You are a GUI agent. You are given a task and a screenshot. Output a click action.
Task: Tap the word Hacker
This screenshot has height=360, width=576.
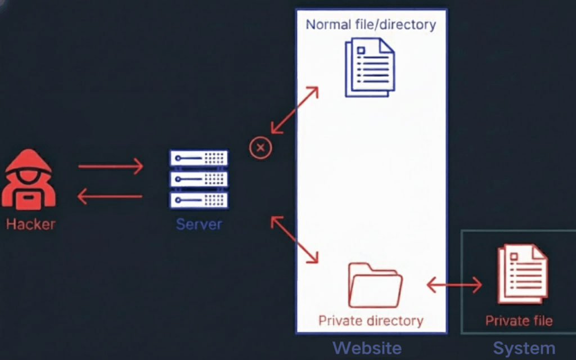[x=31, y=224]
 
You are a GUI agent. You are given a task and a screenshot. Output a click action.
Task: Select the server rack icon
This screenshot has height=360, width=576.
[x=199, y=179]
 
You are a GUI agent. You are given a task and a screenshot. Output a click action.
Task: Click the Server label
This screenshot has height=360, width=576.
[x=199, y=224]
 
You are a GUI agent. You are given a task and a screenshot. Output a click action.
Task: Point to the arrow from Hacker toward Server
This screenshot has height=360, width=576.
[x=110, y=166]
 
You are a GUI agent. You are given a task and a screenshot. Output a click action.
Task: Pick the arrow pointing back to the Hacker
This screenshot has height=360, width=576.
[x=110, y=196]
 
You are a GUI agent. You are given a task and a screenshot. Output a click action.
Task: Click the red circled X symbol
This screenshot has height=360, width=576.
[x=260, y=148]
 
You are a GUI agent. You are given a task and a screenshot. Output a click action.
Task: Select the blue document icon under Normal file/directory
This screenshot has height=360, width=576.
[x=370, y=67]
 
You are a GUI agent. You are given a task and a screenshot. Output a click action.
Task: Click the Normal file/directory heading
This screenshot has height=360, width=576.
[x=371, y=24]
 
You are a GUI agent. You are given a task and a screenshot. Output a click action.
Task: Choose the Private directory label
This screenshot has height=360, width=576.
[x=371, y=321]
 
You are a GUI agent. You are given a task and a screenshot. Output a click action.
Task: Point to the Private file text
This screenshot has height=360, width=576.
[x=519, y=321]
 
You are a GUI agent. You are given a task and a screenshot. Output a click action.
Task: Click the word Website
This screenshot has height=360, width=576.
[x=367, y=348]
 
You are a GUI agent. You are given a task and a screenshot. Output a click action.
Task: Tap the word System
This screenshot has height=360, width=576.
[x=524, y=348]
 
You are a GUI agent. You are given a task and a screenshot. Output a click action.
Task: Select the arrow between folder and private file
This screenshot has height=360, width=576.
[x=454, y=285]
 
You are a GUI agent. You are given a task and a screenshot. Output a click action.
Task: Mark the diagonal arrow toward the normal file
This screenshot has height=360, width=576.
[x=295, y=110]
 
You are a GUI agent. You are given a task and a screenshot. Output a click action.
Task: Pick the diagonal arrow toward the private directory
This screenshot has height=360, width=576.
[x=295, y=238]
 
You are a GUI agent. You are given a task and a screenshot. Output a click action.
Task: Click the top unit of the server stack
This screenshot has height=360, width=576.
[x=199, y=158]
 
